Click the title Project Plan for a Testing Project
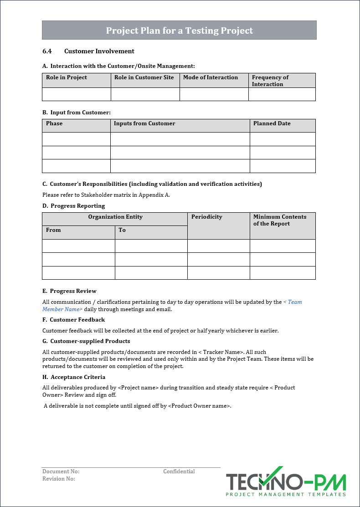click(179, 31)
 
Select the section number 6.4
click(47, 51)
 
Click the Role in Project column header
click(67, 77)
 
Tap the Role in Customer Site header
click(144, 77)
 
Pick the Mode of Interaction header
click(211, 77)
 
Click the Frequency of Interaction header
click(270, 81)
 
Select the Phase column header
click(54, 123)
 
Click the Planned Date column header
click(272, 123)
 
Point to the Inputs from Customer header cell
click(144, 123)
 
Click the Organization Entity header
click(115, 217)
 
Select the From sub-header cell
click(53, 230)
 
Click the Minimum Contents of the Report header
click(280, 220)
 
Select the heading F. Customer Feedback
click(73, 320)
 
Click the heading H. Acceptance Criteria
click(74, 377)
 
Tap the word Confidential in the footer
click(179, 471)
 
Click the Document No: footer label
click(61, 471)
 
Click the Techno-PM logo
click(286, 482)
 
